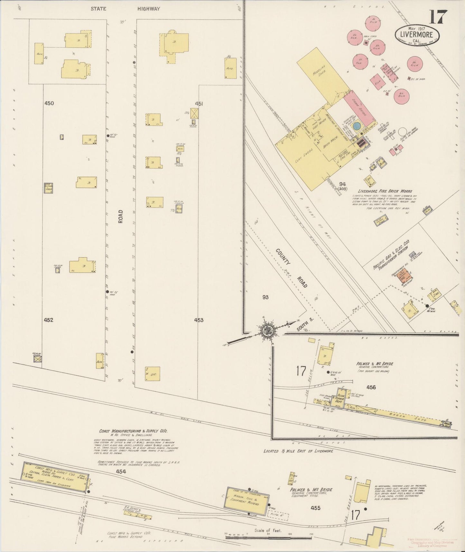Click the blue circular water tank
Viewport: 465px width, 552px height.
coord(357,126)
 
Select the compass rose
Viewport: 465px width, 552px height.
coord(267,330)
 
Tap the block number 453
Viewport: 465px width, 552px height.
coord(199,320)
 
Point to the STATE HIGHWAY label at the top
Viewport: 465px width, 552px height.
coord(125,9)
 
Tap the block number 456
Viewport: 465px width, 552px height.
coord(371,387)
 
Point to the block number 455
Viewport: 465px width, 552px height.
coord(316,508)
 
